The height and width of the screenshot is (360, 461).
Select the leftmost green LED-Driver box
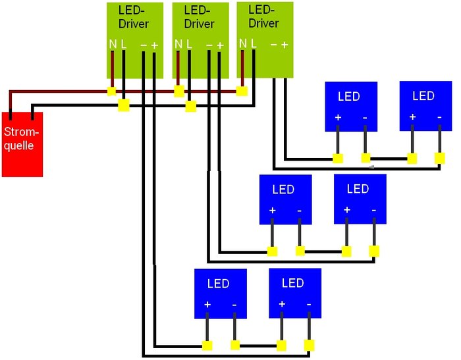click(134, 39)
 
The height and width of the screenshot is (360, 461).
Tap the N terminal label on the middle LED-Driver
click(178, 45)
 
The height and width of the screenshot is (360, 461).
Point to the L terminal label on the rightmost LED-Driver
click(252, 43)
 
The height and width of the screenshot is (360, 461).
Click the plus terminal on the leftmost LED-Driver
click(154, 45)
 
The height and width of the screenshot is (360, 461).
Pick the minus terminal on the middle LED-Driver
click(209, 45)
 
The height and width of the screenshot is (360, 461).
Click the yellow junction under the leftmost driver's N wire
click(112, 91)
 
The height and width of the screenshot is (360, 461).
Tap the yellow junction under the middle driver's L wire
click(190, 106)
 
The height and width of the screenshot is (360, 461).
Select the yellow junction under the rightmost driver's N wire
click(242, 91)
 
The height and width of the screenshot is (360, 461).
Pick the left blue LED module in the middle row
click(285, 198)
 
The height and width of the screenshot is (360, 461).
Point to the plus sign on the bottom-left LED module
click(207, 305)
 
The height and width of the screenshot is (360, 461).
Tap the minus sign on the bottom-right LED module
click(309, 305)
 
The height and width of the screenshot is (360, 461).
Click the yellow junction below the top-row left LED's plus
click(338, 159)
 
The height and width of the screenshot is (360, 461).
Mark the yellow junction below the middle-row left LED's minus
click(300, 251)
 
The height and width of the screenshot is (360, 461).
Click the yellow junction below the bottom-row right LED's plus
click(282, 346)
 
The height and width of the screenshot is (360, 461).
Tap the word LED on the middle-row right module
click(358, 189)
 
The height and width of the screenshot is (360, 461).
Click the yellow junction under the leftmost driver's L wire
click(123, 105)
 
